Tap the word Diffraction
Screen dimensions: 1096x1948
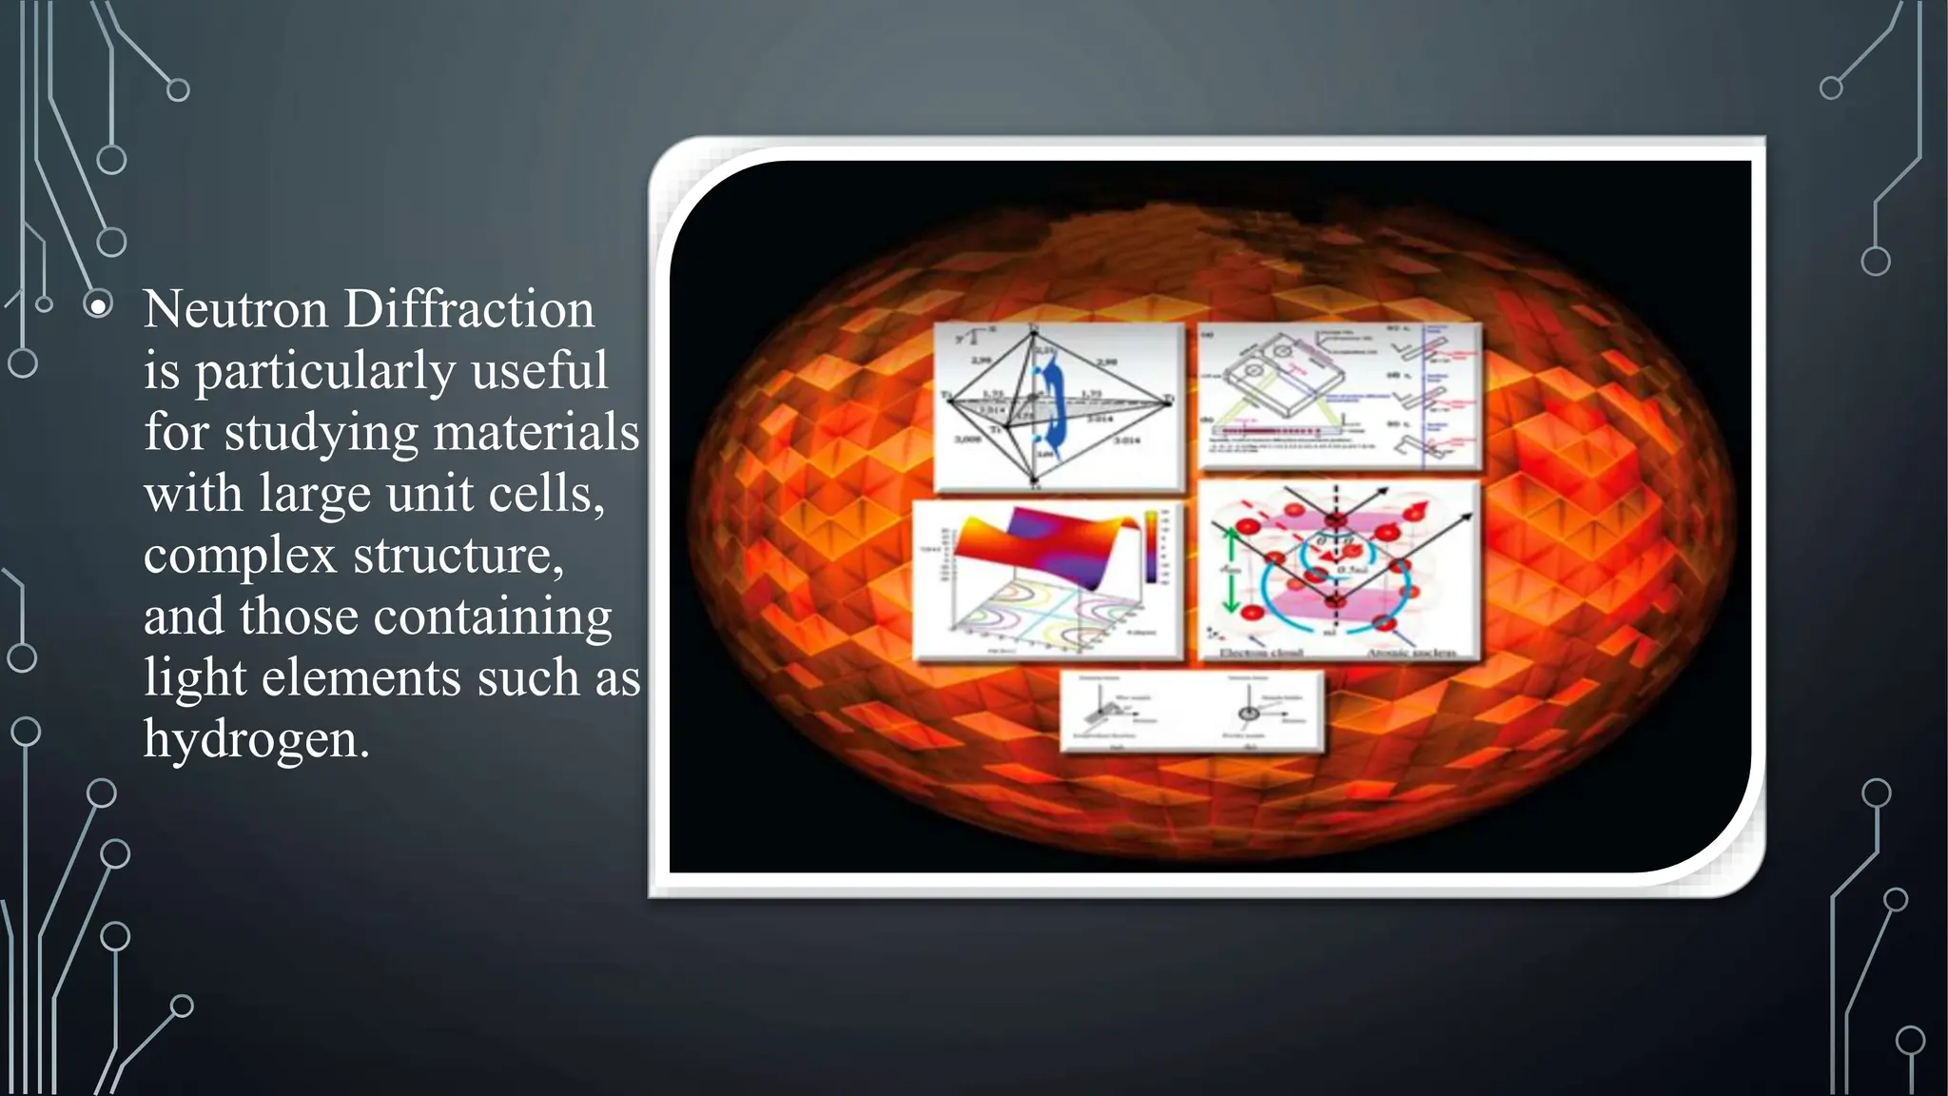pos(469,310)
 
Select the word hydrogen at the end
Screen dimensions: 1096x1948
pos(255,739)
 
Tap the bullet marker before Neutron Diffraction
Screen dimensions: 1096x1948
pos(98,306)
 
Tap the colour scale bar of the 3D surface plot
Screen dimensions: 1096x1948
pos(1152,546)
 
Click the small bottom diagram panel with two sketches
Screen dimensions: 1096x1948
pos(1191,712)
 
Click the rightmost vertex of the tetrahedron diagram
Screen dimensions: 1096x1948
pos(1169,402)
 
